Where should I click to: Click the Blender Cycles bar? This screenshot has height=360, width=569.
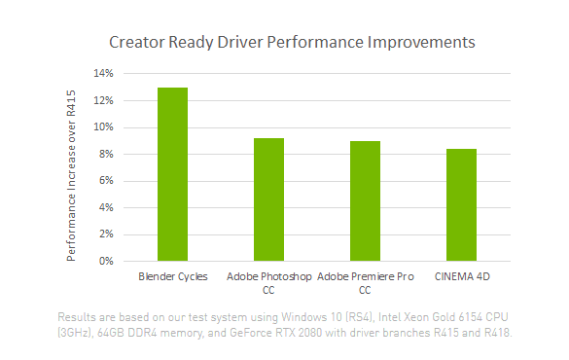(172, 174)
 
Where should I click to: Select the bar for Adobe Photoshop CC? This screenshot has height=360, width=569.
(268, 199)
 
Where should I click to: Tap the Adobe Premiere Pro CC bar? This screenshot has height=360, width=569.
(365, 200)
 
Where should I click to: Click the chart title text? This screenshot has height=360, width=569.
(292, 43)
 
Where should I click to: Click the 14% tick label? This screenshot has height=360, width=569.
(103, 74)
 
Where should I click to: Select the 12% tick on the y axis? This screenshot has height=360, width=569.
(103, 100)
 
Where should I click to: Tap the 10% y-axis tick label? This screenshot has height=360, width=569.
(103, 127)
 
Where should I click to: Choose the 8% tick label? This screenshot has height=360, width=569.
(106, 154)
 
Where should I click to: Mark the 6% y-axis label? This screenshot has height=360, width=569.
(106, 181)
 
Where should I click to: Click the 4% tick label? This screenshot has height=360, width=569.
(106, 207)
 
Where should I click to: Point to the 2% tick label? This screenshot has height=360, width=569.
(106, 234)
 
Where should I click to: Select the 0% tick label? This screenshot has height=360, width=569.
(106, 261)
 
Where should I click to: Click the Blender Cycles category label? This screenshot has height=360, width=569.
(173, 277)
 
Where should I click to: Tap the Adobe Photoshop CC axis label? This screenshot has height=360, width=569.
(268, 283)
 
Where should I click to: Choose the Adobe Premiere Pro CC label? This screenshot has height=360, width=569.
(365, 283)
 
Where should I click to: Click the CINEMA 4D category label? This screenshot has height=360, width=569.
(461, 277)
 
